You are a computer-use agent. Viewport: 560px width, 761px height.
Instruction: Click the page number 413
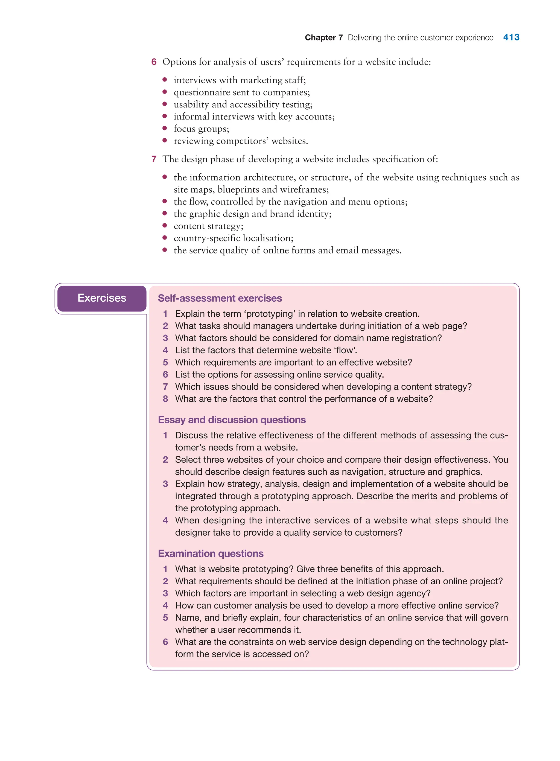[x=511, y=37]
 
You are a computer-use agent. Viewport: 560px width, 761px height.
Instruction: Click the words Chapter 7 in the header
[x=323, y=38]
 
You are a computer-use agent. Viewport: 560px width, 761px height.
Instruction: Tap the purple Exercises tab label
[x=102, y=298]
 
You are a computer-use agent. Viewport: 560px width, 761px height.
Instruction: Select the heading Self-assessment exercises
[x=220, y=298]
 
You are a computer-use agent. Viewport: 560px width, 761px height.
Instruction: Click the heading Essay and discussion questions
[x=232, y=420]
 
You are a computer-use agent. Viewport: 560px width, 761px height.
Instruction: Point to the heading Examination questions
[x=211, y=553]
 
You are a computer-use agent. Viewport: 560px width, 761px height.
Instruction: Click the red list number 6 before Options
[x=154, y=62]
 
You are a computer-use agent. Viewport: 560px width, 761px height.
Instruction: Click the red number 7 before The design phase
[x=154, y=159]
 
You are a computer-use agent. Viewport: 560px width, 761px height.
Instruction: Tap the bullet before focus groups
[x=165, y=129]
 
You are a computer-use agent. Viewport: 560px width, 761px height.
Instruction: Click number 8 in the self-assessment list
[x=165, y=399]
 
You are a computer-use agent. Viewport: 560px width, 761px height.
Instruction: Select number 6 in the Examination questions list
[x=165, y=642]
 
